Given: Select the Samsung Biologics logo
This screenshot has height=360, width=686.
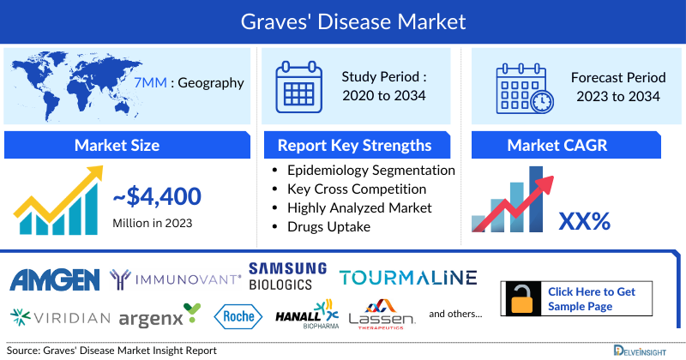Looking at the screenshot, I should (x=287, y=276).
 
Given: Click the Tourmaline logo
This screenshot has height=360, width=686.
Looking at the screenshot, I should (x=407, y=278).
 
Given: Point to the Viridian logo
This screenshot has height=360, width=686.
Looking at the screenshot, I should (x=60, y=317).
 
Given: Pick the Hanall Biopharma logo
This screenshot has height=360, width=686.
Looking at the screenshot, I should (x=306, y=316).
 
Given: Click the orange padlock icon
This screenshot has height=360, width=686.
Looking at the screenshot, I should (x=522, y=298).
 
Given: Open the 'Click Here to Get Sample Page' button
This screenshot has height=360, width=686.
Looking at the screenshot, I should (x=591, y=298).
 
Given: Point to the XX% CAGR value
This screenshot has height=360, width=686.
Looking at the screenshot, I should (x=584, y=221).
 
